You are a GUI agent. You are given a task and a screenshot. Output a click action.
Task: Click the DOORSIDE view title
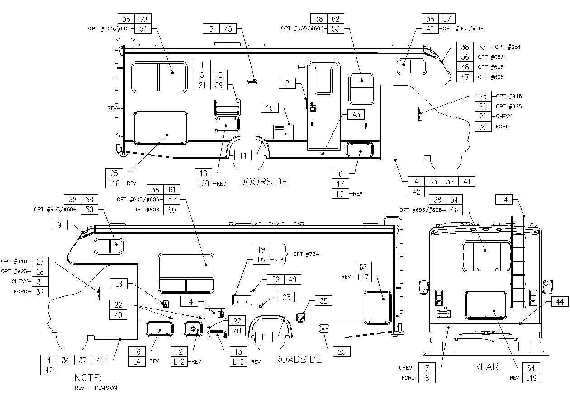click(263, 182)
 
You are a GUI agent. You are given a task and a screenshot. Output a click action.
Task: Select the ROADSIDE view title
click(298, 359)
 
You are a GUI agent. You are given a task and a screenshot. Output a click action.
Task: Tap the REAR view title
click(486, 366)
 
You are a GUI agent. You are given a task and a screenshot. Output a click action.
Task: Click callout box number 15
click(270, 108)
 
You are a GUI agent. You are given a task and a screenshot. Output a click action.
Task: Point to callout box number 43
click(356, 115)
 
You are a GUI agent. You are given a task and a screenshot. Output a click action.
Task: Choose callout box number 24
click(504, 200)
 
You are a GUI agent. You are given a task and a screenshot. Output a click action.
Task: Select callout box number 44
click(560, 302)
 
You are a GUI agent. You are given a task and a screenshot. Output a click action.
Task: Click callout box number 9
click(59, 225)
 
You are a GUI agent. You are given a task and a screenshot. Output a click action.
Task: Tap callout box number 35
click(323, 301)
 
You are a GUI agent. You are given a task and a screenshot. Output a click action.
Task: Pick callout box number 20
click(342, 351)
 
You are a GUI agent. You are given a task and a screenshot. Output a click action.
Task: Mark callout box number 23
click(286, 297)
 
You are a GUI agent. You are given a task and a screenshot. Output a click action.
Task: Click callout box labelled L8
click(119, 284)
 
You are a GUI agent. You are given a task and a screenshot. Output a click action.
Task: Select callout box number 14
click(189, 302)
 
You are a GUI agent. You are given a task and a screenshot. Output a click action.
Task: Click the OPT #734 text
click(306, 254)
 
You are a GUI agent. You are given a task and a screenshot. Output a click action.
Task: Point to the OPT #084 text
click(508, 47)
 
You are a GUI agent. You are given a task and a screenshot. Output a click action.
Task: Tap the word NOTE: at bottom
click(88, 378)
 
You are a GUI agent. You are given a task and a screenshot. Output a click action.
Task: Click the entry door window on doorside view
click(324, 81)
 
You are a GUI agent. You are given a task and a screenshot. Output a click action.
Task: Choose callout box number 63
click(363, 267)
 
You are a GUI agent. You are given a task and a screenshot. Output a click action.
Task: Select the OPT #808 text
click(146, 210)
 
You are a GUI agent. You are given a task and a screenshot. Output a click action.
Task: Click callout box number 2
click(287, 83)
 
